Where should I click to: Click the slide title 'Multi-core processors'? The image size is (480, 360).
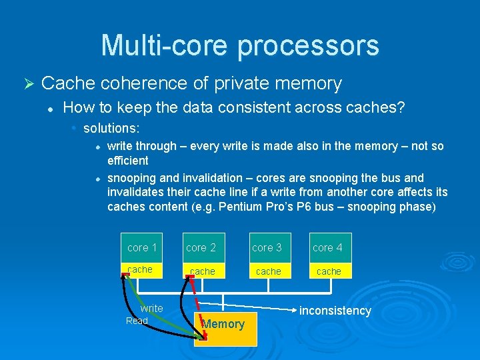pos(240,45)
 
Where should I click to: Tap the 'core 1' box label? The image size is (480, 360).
pos(142,247)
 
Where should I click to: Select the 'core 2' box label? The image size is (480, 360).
pos(201,247)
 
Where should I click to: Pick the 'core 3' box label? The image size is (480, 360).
pos(267,247)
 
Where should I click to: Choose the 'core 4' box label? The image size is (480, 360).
pos(327,247)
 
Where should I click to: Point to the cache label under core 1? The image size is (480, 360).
pos(140,269)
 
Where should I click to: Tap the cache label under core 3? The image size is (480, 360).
pos(268,271)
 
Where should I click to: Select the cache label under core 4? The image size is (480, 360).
pos(329,271)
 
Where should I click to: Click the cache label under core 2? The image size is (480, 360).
pos(203,271)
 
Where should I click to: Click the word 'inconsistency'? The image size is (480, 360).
pos(335,311)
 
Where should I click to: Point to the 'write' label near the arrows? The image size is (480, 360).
pos(151,309)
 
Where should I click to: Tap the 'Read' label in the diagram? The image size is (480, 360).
pos(137,321)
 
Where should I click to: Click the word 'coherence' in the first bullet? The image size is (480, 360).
pos(141,83)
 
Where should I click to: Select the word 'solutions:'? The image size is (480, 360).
pos(111,127)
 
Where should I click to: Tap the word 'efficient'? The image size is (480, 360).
pos(128,161)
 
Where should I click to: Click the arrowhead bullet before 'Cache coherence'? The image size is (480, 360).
pos(27,84)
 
